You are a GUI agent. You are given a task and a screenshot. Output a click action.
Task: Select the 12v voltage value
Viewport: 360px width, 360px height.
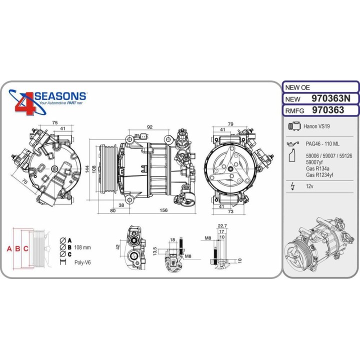click(310, 187)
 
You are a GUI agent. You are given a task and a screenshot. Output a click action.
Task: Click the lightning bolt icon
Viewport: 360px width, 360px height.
click(292, 187)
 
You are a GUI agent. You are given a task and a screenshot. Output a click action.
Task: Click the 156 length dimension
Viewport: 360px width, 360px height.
click(163, 210)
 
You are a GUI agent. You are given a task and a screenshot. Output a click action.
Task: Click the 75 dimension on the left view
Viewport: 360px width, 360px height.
click(55, 122)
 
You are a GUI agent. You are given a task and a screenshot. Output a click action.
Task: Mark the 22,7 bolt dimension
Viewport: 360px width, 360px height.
click(223, 225)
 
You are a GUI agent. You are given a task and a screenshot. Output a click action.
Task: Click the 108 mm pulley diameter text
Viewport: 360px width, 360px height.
click(83, 247)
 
